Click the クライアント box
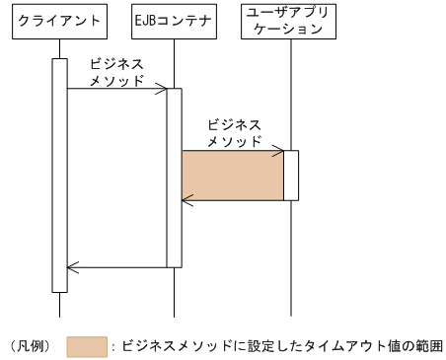pos(60,20)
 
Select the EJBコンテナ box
pos(174,20)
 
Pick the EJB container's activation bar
pos(174,178)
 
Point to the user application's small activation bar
pos(291,176)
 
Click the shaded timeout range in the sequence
pos(233,176)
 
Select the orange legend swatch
pos(87,346)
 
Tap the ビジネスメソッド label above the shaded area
pos(235,133)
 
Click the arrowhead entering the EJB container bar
pos(162,89)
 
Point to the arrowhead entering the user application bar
pos(279,151)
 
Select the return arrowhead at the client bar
pos(71,266)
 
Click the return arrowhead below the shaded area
pos(186,200)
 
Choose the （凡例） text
pos(31,346)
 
